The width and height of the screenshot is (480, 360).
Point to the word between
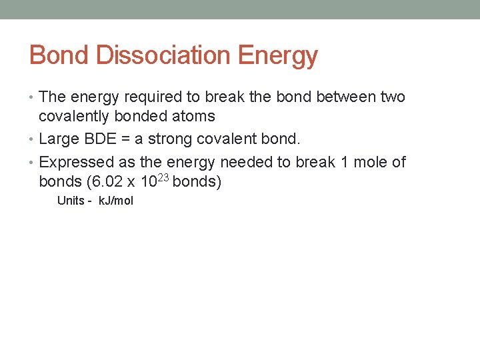coord(347,97)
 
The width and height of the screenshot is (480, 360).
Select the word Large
coord(58,139)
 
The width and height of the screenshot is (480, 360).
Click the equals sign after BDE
coord(127,140)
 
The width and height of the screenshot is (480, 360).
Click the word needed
coord(243,162)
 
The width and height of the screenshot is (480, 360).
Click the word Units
coord(71,201)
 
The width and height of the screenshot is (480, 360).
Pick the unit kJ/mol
coord(116,201)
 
